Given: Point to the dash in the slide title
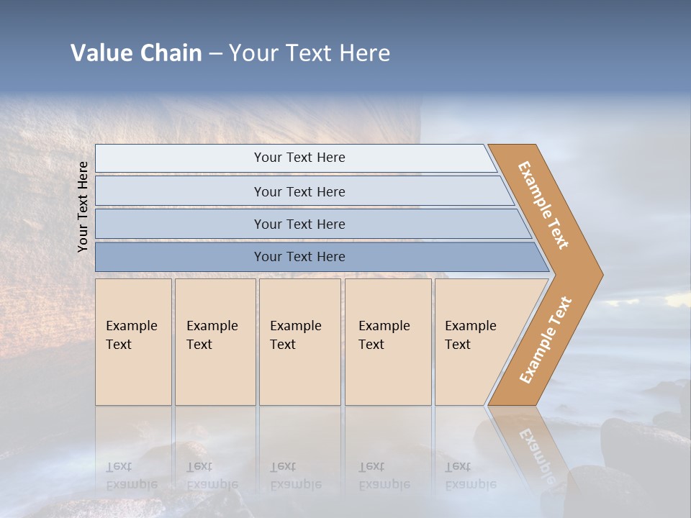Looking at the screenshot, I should click(215, 54).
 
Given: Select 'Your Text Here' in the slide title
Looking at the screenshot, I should click(310, 53).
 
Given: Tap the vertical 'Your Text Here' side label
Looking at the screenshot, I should click(83, 206).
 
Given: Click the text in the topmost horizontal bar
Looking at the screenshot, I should click(299, 158).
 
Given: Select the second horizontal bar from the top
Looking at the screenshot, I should click(299, 191).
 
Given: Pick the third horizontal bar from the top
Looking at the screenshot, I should click(299, 224).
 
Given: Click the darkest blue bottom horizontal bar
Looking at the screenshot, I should click(299, 257).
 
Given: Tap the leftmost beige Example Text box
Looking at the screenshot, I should click(133, 342).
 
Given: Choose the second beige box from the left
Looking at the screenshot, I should click(214, 342).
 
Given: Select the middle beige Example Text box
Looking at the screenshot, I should click(299, 342).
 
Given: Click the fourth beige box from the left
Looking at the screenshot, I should click(387, 342).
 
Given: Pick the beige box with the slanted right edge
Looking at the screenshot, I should click(475, 342).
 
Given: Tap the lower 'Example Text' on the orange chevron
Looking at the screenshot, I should click(546, 340).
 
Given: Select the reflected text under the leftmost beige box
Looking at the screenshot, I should click(131, 476).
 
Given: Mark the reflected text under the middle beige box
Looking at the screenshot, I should click(295, 476).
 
